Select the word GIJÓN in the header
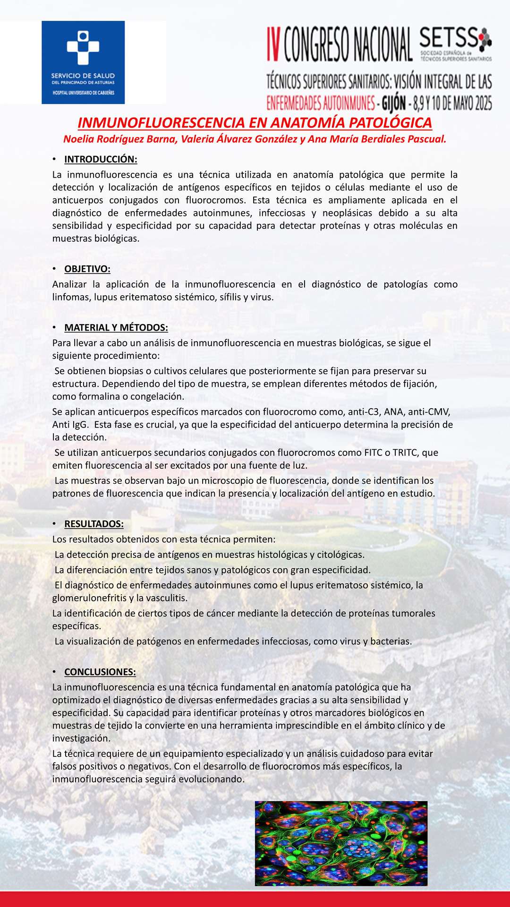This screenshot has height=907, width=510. click(x=393, y=103)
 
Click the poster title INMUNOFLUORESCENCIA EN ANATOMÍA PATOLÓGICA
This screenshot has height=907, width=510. click(x=255, y=123)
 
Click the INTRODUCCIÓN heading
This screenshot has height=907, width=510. click(x=101, y=159)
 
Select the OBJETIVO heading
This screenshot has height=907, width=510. click(x=87, y=269)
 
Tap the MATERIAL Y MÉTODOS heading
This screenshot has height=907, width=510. click(x=116, y=328)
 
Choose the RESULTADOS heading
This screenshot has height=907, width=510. click(x=94, y=524)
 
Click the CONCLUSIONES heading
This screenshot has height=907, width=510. click(x=100, y=672)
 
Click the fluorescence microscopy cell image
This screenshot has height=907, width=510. click(x=341, y=843)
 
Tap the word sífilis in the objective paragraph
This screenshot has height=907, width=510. click(x=232, y=297)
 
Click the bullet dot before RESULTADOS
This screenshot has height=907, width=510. click(x=54, y=524)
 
